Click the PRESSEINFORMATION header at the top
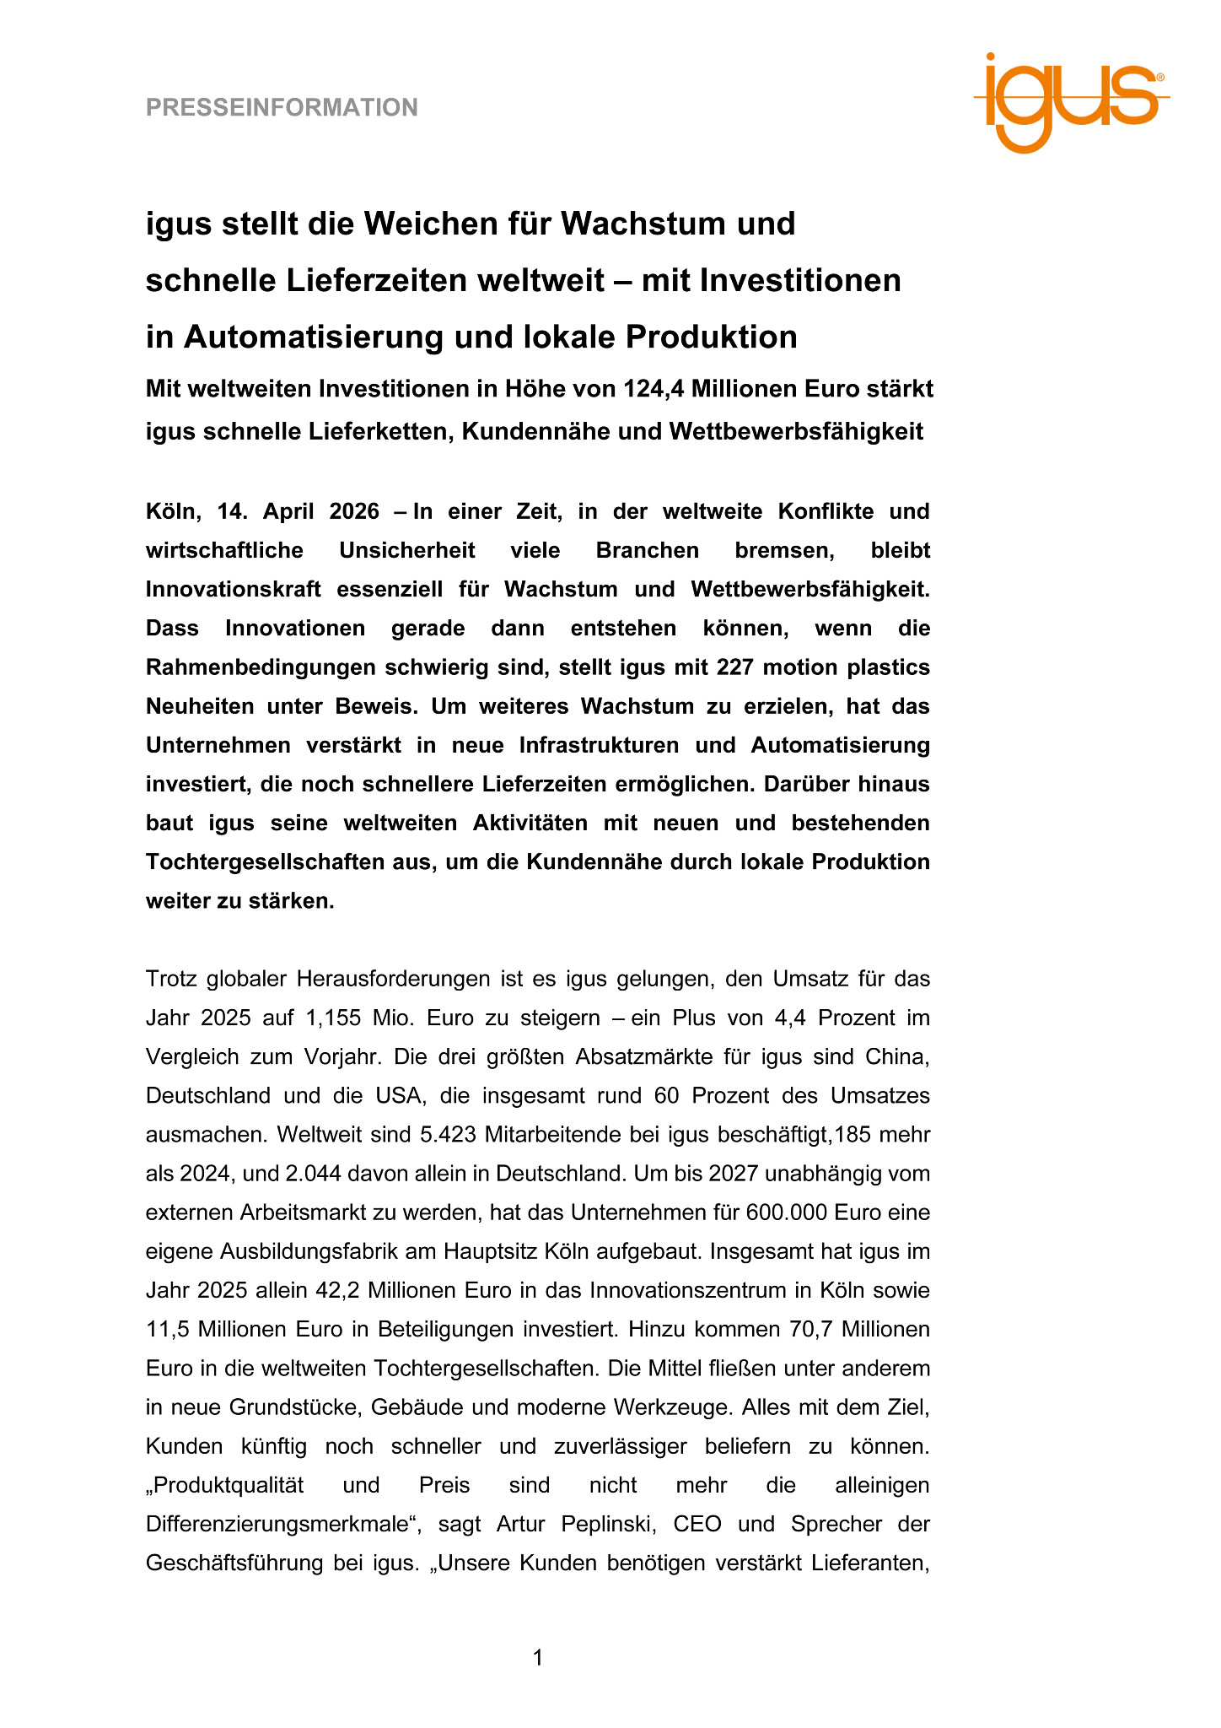tap(282, 108)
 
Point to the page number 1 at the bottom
tap(538, 1658)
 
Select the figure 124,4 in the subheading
tap(654, 390)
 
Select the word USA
tap(395, 1096)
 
